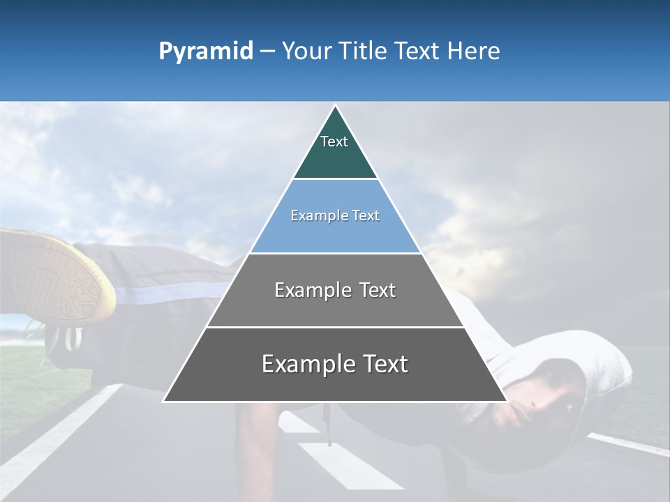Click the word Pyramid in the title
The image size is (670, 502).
coord(206,52)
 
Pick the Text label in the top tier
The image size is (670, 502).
coord(334,142)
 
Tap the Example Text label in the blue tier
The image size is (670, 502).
coord(335,215)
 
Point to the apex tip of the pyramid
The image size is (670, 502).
coord(335,107)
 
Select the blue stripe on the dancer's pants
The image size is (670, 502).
coord(167,293)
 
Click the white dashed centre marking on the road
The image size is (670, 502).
coord(342,464)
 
